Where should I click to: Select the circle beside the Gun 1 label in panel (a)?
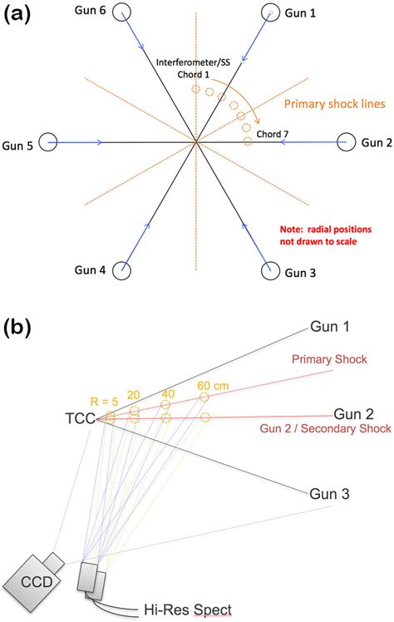tap(269, 12)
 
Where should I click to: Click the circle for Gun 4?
tap(122, 269)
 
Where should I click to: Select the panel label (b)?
tap(18, 326)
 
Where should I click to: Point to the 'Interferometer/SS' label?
tap(195, 62)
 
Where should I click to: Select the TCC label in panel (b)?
tap(81, 419)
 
